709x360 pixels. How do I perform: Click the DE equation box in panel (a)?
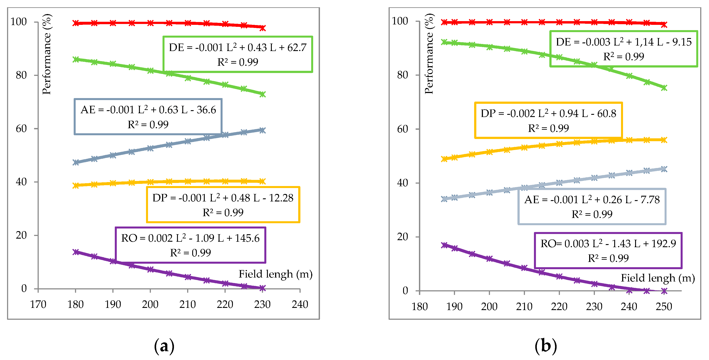tap(238, 54)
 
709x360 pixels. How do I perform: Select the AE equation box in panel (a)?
tap(148, 117)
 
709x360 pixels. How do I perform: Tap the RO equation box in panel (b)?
tap(608, 250)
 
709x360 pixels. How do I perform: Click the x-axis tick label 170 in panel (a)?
tap(38, 304)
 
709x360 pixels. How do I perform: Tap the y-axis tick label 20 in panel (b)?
tap(402, 236)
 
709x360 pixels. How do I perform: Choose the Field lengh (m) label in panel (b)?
tap(658, 278)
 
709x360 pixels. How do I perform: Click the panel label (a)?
tap(164, 346)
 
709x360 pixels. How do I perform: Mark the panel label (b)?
tap(546, 346)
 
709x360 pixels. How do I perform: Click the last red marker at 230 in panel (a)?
tap(263, 27)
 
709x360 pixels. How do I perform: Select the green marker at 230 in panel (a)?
tap(263, 94)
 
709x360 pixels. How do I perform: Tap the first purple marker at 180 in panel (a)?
tap(76, 252)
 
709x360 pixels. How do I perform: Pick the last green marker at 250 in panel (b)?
tap(664, 88)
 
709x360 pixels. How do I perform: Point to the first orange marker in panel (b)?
tap(444, 159)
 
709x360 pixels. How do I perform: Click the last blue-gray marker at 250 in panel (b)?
tap(664, 169)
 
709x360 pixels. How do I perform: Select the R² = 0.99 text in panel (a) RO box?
tap(190, 253)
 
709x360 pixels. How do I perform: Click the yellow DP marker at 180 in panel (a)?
tap(76, 185)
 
